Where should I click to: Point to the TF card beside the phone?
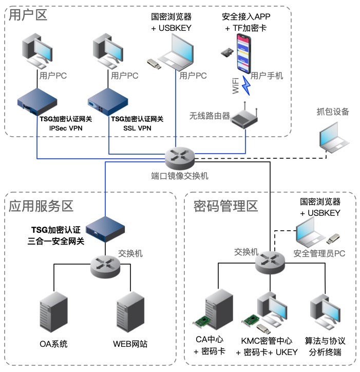(x=226, y=52)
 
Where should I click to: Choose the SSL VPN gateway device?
(x=108, y=102)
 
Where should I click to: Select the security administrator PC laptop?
(x=311, y=231)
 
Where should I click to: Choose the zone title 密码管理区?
(x=225, y=207)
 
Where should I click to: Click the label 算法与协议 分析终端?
(x=326, y=346)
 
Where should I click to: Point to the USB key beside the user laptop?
(x=155, y=64)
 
